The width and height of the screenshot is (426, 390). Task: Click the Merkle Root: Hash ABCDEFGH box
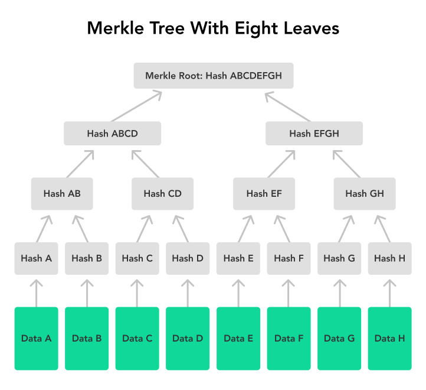213,76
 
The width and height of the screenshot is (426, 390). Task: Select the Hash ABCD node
112,134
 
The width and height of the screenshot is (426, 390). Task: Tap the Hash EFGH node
314,134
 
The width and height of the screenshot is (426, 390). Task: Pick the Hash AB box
62,193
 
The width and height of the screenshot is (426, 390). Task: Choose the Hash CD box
162,193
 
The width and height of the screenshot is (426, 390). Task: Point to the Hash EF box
264,193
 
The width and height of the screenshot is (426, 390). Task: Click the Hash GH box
364,193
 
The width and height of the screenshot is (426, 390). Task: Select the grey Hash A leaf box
37,258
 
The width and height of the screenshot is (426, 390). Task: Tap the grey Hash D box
188,258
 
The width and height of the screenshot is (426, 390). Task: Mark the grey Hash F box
289,258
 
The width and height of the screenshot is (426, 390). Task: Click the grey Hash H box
389,258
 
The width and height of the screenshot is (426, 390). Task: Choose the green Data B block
87,339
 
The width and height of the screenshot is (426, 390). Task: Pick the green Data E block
238,339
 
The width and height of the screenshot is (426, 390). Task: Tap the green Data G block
339,339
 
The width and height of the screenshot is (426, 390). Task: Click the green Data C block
137,339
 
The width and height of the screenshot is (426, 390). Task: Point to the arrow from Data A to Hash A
37,292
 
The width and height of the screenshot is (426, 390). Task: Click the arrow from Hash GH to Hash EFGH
346,163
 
